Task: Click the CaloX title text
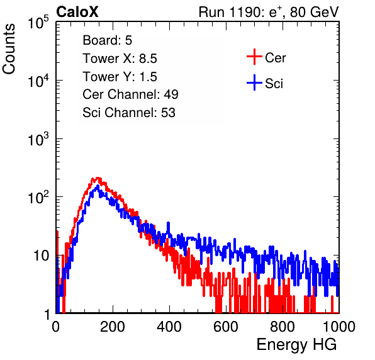click(77, 12)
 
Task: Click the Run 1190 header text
click(269, 12)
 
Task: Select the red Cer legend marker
click(254, 57)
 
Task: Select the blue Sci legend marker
click(254, 82)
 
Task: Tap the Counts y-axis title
click(9, 49)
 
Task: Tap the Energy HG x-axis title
click(296, 345)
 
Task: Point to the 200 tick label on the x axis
click(113, 327)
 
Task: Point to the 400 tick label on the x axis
click(169, 327)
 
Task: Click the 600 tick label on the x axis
click(226, 327)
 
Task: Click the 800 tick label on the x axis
click(283, 327)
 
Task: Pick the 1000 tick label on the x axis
click(339, 327)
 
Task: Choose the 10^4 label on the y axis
click(38, 81)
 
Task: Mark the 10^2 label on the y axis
click(38, 197)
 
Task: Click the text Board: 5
click(108, 40)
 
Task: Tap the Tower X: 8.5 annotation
click(120, 59)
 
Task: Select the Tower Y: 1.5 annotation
click(120, 77)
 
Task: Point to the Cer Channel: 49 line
click(130, 94)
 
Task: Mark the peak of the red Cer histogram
click(97, 178)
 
